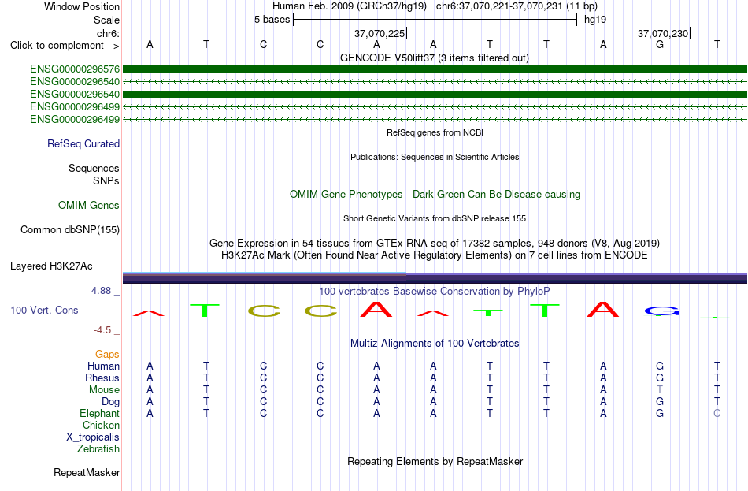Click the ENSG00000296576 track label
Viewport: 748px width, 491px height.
coord(75,69)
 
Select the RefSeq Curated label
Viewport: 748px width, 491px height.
coord(83,143)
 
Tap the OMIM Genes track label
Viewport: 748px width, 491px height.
coord(89,206)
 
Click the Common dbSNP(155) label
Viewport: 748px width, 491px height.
coord(70,230)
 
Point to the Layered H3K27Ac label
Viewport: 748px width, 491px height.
coord(51,266)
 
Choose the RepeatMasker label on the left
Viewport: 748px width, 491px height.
coord(87,472)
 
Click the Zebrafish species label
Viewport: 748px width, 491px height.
coord(98,449)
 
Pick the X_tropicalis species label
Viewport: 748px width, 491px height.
coord(93,437)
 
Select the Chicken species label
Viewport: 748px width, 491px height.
coord(101,425)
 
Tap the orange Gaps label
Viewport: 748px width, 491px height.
coord(107,355)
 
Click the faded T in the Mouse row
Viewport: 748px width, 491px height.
coord(660,390)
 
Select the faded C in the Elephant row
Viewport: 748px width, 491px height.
coord(717,413)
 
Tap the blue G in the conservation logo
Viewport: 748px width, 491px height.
coord(661,311)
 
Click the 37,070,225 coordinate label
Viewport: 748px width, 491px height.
coord(380,33)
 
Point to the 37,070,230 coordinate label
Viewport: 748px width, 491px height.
coord(663,33)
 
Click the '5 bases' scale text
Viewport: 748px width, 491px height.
coord(272,20)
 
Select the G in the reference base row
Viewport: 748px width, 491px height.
coord(660,44)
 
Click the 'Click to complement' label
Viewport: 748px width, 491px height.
coord(65,46)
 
